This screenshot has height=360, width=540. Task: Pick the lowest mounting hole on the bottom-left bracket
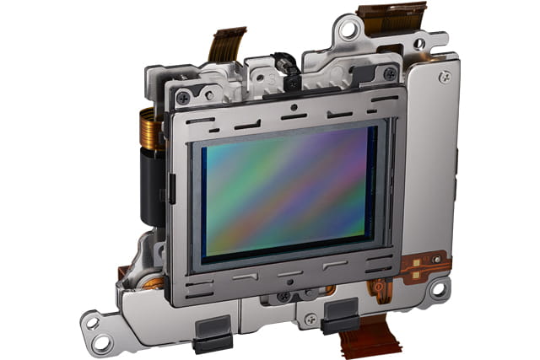pos(101,342)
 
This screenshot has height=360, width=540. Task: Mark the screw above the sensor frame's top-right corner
pos(389,74)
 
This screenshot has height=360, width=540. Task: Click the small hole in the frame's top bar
pos(292,108)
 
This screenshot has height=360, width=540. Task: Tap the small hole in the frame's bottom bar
pos(289,282)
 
